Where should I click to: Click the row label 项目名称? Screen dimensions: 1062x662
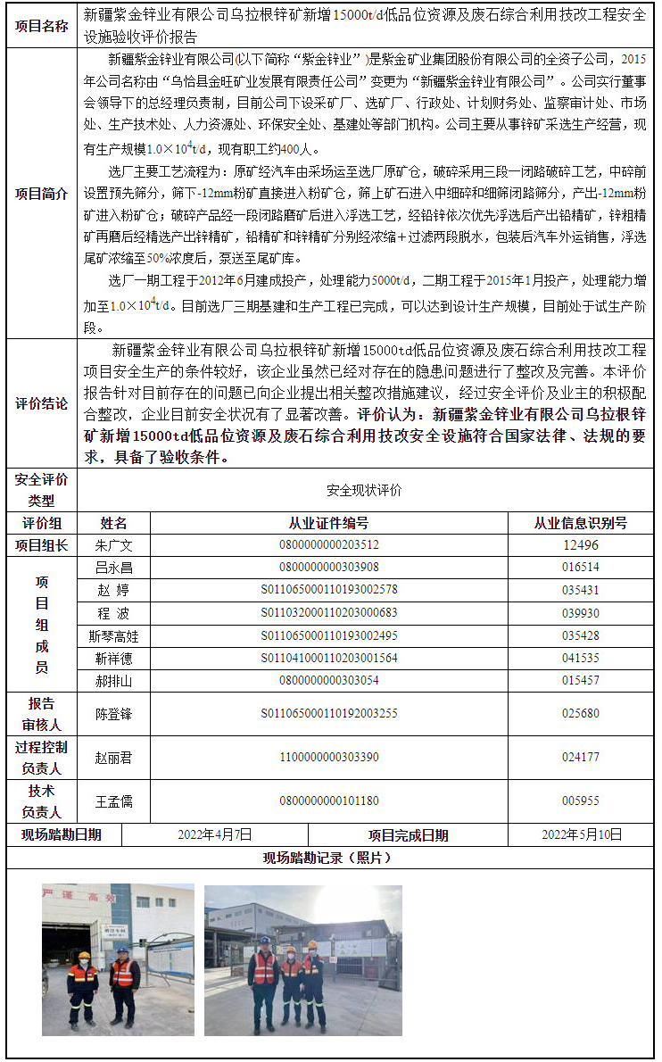pyautogui.click(x=42, y=26)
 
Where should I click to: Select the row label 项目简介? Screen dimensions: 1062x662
pyautogui.click(x=42, y=194)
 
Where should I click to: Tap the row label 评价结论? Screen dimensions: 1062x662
pyautogui.click(x=42, y=403)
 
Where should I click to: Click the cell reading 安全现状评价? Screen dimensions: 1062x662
pyautogui.click(x=364, y=490)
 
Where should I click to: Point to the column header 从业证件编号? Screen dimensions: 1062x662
pyautogui.click(x=328, y=523)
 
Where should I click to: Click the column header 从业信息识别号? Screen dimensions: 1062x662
pyautogui.click(x=580, y=523)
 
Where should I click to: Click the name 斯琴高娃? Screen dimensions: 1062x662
pyautogui.click(x=113, y=636)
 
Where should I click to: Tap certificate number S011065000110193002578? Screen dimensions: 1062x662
pyautogui.click(x=328, y=590)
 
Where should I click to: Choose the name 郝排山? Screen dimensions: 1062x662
pyautogui.click(x=113, y=681)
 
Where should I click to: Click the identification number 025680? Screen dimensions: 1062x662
pyautogui.click(x=580, y=713)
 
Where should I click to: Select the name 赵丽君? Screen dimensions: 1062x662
pyautogui.click(x=113, y=758)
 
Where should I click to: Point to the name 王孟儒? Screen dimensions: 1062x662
pyautogui.click(x=113, y=801)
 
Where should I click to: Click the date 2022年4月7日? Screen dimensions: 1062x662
pyautogui.click(x=215, y=834)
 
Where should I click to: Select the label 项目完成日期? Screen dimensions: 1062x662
pyautogui.click(x=409, y=835)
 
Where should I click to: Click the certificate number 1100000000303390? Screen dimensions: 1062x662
pyautogui.click(x=328, y=758)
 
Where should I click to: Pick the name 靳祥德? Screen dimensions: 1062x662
pyautogui.click(x=113, y=659)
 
